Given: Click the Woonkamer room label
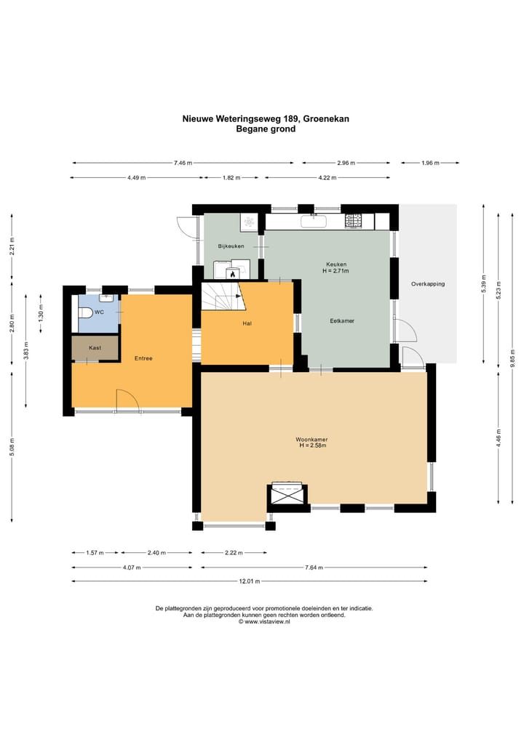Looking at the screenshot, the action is point(311,439).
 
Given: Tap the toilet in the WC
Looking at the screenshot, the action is point(85,312).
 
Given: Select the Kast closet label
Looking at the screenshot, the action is point(95,348).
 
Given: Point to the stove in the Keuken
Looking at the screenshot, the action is point(353,221).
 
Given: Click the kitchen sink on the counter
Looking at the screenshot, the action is point(314,221).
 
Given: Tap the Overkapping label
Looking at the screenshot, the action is point(428,284).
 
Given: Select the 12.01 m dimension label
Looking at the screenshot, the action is point(250,581).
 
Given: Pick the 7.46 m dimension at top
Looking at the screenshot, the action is point(183,163).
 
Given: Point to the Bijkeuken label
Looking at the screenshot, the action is point(231,246).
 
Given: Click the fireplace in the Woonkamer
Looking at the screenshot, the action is point(288,493).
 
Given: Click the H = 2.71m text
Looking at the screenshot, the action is point(336,271).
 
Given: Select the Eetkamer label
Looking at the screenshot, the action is point(342,321).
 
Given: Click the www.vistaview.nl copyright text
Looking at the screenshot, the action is point(264,621).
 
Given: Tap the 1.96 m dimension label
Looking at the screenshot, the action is point(430,163).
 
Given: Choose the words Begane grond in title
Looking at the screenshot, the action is point(266,129).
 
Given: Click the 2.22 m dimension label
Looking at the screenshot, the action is point(234,553).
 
